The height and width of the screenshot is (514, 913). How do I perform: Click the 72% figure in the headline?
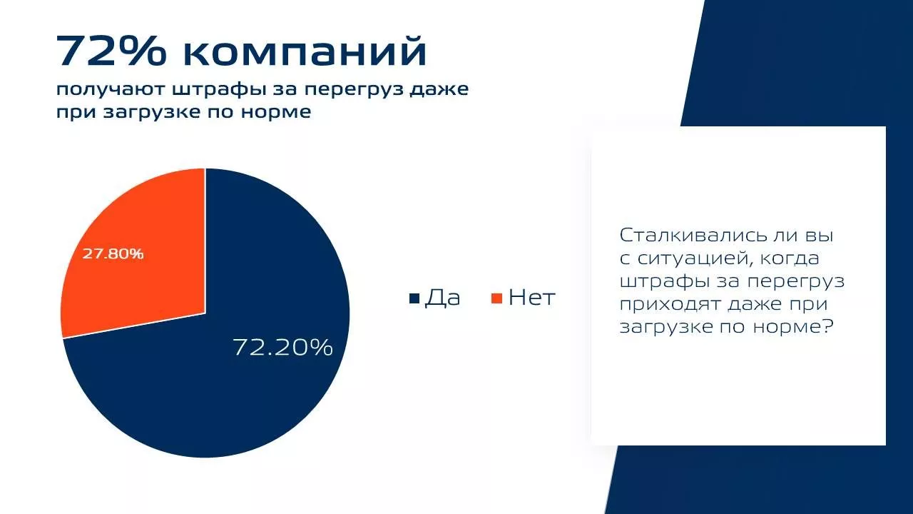click(112, 51)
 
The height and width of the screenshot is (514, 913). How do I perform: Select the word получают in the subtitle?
click(111, 90)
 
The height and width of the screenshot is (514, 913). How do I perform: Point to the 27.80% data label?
click(113, 253)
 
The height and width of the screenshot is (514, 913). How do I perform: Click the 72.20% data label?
click(282, 348)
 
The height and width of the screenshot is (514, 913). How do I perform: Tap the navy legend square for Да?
click(414, 298)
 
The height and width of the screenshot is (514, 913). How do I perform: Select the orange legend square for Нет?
click(497, 298)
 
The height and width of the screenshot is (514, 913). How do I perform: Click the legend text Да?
click(443, 298)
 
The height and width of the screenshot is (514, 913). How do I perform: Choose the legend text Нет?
click(532, 298)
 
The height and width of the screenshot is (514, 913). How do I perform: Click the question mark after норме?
click(825, 326)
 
